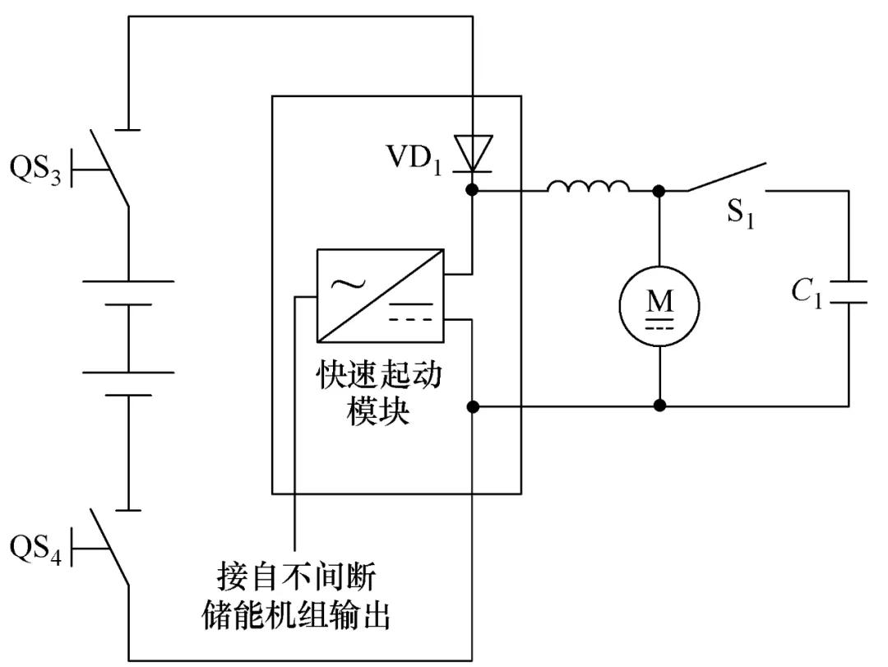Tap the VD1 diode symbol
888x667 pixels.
pyautogui.click(x=474, y=154)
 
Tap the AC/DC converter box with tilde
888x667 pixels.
pyautogui.click(x=380, y=296)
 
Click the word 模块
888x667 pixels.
pyautogui.click(x=379, y=412)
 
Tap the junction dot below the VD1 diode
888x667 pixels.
pyautogui.click(x=474, y=190)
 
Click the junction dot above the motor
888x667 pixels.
pyautogui.click(x=659, y=191)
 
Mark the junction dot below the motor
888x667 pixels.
pyautogui.click(x=659, y=405)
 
